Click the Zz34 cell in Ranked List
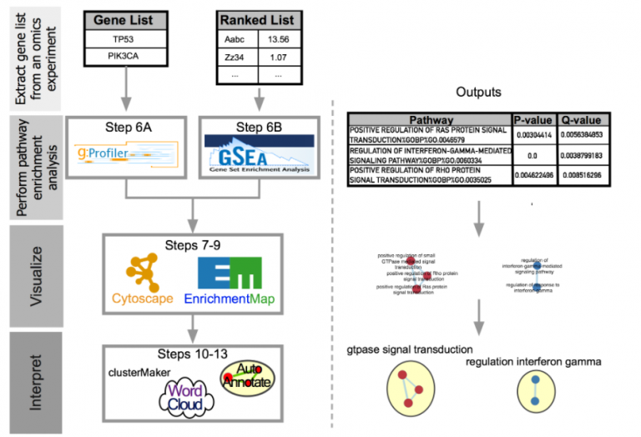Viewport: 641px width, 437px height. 236,58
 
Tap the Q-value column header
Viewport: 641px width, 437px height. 583,119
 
